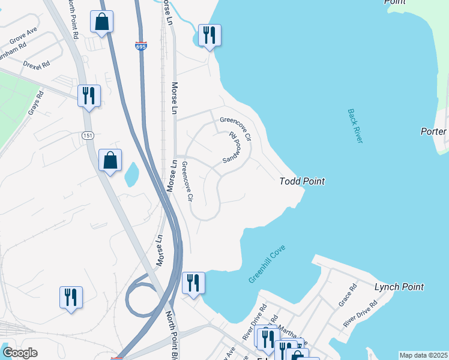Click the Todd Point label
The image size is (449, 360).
click(303, 181)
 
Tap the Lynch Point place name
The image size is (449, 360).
click(399, 287)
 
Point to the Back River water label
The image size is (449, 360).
click(355, 126)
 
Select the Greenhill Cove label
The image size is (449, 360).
click(267, 264)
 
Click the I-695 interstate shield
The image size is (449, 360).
click(140, 46)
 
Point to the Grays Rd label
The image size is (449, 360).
click(36, 103)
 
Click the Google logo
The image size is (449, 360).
click(20, 353)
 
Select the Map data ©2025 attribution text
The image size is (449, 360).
click(423, 355)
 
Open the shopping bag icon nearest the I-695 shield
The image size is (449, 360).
click(103, 23)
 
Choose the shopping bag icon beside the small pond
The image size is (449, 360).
click(110, 160)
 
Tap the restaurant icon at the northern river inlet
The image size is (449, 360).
click(209, 35)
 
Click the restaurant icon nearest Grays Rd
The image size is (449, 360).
click(89, 95)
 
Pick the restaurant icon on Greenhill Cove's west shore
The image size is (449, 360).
click(193, 283)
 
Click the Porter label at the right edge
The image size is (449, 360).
click(433, 131)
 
